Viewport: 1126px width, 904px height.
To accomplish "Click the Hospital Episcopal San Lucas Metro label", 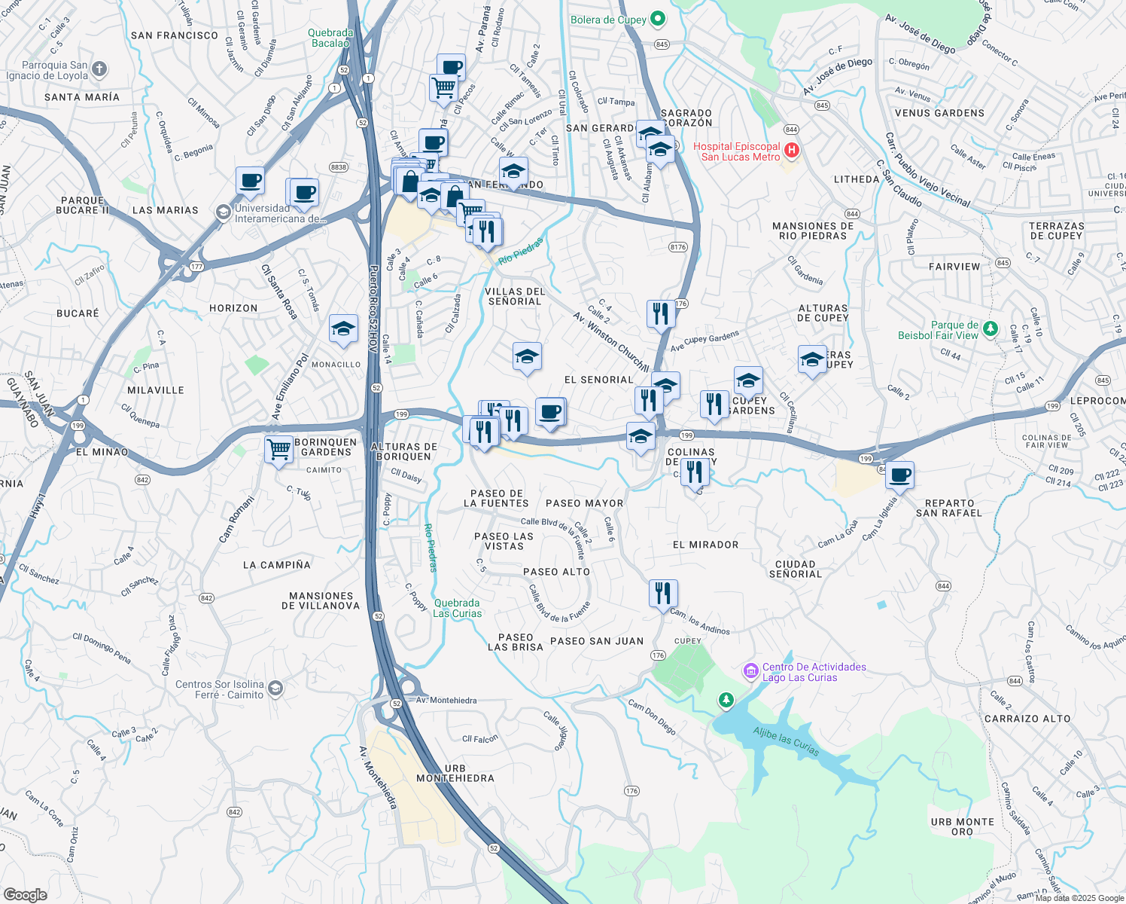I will [736, 151].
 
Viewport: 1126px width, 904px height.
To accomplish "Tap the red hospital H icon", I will [791, 151].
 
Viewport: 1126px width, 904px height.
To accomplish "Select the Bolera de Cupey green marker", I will [657, 19].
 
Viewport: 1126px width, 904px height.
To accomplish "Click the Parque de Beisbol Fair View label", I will [938, 330].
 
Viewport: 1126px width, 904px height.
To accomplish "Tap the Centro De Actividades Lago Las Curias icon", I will [750, 670].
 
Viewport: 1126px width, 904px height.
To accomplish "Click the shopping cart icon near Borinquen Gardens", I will [279, 450].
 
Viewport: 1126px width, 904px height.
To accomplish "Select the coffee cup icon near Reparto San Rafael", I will [899, 475].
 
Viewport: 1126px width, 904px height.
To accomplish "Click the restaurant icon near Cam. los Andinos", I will [663, 594].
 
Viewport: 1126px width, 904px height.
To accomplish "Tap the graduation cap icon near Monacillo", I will [343, 328].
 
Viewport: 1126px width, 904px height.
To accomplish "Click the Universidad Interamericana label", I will [279, 213].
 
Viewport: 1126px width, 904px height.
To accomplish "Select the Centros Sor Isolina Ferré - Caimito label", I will [220, 689].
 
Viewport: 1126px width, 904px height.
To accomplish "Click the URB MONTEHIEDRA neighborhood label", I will [455, 773].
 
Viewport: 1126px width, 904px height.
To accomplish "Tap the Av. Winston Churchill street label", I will [610, 341].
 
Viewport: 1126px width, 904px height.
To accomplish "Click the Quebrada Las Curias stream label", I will [457, 608].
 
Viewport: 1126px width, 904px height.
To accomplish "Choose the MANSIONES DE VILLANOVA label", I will [321, 600].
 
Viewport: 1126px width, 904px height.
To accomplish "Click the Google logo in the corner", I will [25, 894].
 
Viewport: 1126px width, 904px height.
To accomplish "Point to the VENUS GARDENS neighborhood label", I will [939, 113].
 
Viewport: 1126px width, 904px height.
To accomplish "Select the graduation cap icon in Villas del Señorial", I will [527, 356].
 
